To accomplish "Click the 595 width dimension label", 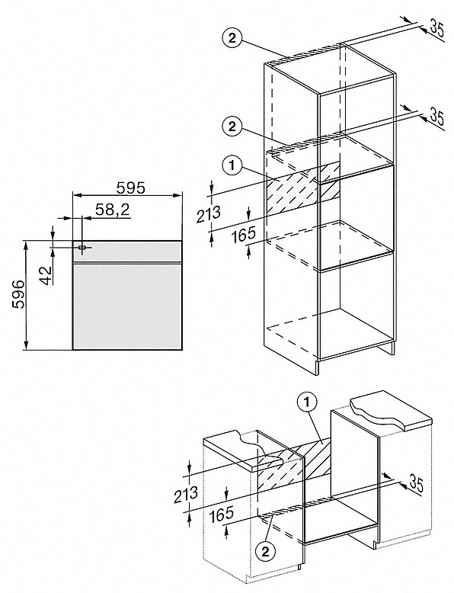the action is [x=129, y=188].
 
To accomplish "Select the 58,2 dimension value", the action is [x=112, y=210].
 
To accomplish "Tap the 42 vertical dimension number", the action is [x=46, y=274].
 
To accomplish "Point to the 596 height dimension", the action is [x=18, y=295].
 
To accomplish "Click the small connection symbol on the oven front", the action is [x=82, y=247].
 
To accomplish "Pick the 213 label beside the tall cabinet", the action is [x=208, y=214].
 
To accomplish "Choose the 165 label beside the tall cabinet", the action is [x=244, y=234].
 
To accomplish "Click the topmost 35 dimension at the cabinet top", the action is [x=436, y=29].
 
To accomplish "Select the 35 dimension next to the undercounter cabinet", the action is [x=415, y=484].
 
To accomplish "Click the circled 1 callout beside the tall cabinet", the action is [x=232, y=165].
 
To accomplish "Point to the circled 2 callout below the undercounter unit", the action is [x=265, y=553].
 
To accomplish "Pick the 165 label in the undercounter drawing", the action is [x=221, y=514].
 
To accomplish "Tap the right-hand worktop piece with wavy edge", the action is [x=392, y=412].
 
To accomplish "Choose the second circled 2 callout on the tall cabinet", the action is [x=232, y=126].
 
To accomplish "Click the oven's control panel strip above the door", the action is [x=127, y=251].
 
